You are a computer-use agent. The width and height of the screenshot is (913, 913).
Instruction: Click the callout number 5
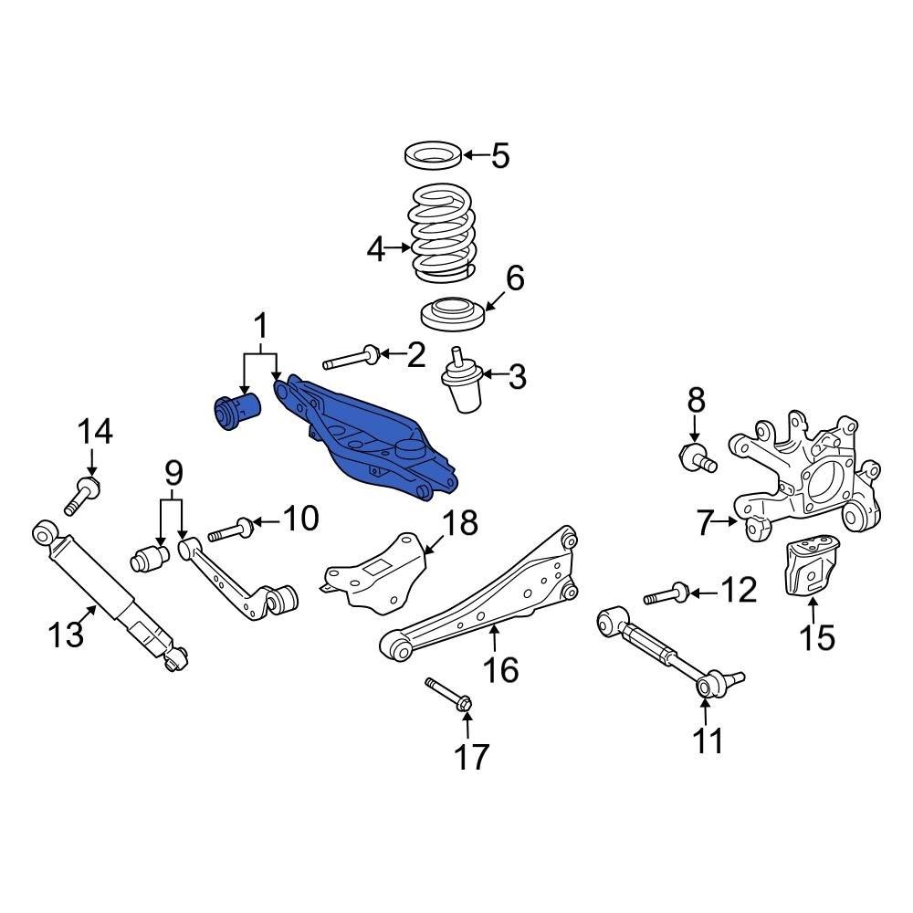click(x=499, y=155)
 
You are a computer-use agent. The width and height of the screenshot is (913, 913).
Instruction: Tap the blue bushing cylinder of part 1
click(x=236, y=412)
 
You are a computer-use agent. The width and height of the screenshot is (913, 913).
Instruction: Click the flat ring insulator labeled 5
click(x=434, y=155)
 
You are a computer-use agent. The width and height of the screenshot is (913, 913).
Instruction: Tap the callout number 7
click(x=704, y=524)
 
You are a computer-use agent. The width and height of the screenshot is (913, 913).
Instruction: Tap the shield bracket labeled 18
click(x=374, y=572)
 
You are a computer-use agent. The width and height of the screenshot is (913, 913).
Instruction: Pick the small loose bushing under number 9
click(x=149, y=556)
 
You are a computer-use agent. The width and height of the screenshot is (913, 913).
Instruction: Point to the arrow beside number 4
click(x=400, y=247)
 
